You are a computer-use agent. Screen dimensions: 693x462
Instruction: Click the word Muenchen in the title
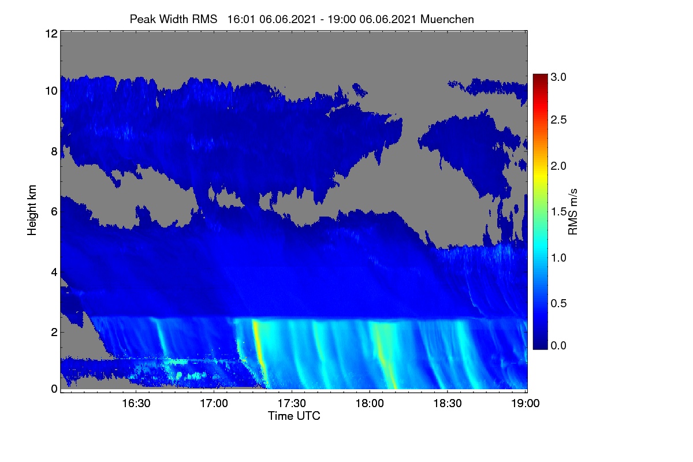447,19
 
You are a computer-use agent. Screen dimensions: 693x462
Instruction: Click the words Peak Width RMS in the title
173,19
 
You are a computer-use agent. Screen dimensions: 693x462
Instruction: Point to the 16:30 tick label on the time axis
136,403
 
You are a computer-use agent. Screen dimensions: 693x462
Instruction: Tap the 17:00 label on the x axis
214,403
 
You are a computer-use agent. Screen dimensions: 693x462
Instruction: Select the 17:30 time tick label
292,403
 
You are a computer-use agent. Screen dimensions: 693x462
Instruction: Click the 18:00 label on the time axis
370,403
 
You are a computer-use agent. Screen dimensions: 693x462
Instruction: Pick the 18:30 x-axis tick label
448,403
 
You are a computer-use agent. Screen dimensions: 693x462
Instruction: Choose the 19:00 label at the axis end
526,403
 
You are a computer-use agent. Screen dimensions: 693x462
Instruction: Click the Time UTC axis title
294,416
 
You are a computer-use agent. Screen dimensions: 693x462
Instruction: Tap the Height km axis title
32,210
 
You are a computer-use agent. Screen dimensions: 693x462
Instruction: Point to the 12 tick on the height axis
51,33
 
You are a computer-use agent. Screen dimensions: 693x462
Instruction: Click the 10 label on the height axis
51,91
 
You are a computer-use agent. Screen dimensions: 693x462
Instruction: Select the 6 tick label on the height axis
54,212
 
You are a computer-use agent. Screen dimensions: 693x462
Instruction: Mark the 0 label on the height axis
54,389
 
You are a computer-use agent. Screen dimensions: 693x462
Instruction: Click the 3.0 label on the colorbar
558,77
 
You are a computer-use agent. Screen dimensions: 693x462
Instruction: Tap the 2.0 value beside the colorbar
558,166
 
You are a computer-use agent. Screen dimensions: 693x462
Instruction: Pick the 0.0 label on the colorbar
558,345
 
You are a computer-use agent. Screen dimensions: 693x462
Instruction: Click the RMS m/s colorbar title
573,212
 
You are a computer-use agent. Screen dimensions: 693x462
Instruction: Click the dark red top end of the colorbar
540,76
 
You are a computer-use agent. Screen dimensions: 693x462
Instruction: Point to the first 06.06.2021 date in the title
288,19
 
